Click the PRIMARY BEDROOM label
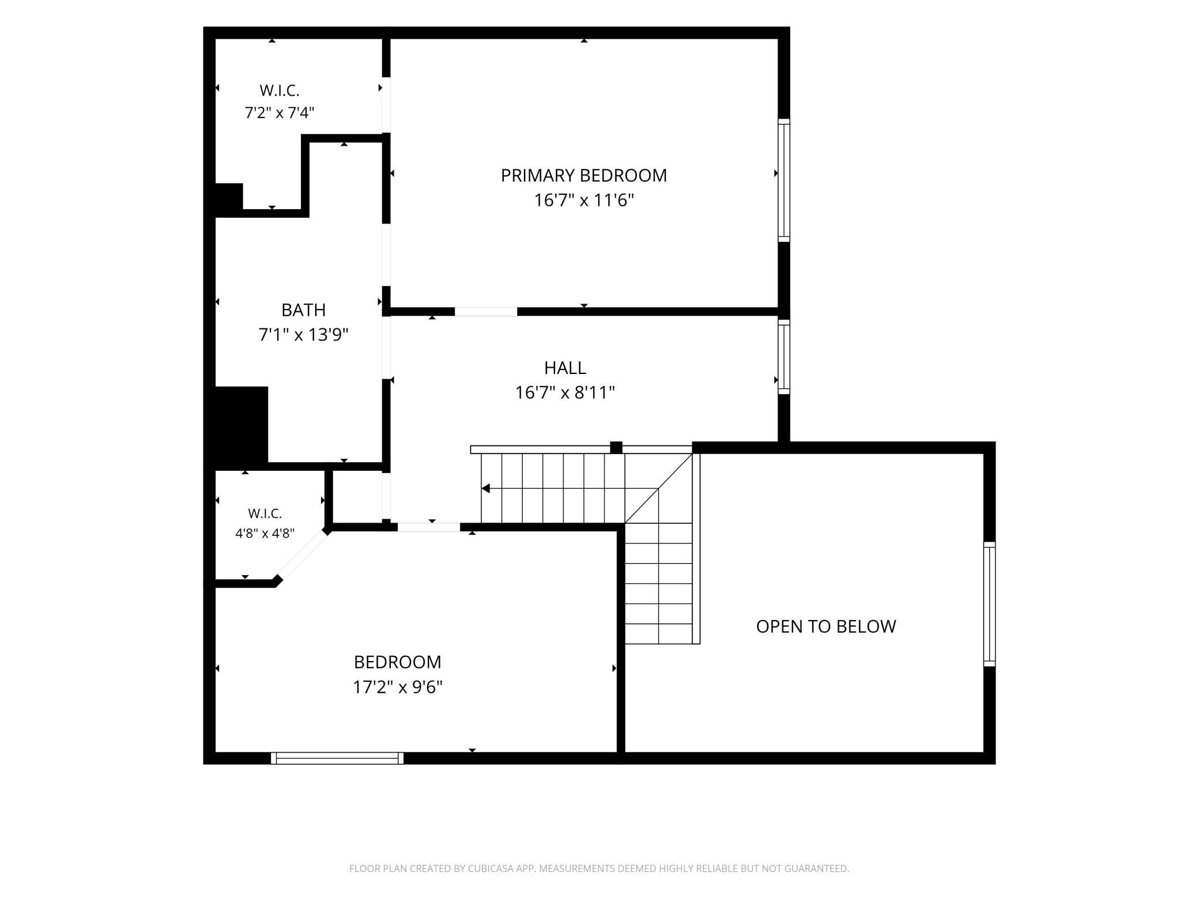583,175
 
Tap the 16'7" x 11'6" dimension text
584,201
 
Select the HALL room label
565,368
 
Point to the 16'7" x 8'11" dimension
565,392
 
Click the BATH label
303,310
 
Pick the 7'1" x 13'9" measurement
303,335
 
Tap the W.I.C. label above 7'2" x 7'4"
280,90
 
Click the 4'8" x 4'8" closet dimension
265,534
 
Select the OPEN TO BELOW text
826,626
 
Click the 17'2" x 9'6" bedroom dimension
398,688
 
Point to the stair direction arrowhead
485,489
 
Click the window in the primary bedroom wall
784,180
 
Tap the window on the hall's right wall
784,357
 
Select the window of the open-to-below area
989,604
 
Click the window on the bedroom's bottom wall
337,758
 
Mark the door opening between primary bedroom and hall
486,312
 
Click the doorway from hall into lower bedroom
429,527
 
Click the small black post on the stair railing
616,448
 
